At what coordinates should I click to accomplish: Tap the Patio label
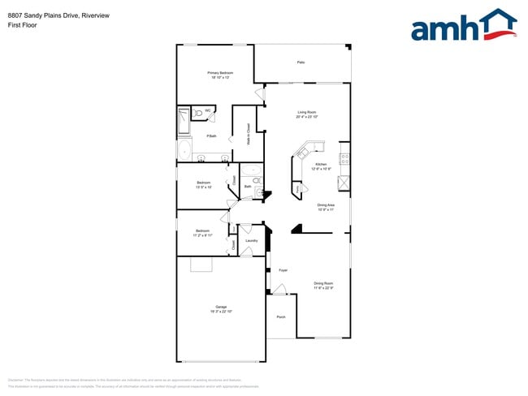(301, 62)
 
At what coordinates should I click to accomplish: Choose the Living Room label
(306, 114)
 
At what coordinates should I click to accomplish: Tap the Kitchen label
(320, 166)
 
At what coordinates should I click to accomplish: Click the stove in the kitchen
(344, 157)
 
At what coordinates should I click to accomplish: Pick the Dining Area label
(327, 207)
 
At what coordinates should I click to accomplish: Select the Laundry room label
(251, 240)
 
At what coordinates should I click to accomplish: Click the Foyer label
(283, 270)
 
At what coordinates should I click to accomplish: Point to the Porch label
(281, 316)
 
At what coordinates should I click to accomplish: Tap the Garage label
(221, 308)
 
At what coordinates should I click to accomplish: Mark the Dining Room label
(323, 286)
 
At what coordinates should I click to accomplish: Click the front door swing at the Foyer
(279, 290)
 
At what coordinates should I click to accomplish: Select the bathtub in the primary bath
(184, 149)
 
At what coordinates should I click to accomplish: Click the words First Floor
(22, 25)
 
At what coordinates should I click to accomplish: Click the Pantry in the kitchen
(297, 189)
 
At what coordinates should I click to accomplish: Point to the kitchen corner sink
(305, 150)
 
